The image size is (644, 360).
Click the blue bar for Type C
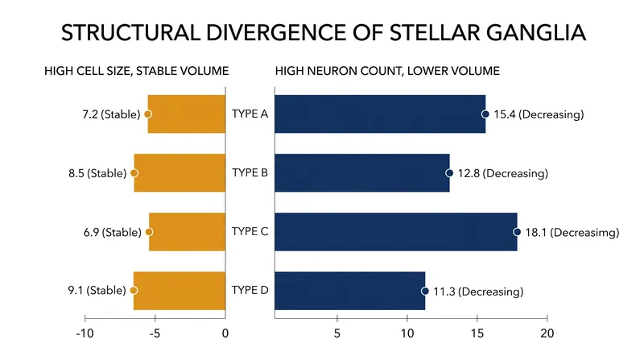coord(395,232)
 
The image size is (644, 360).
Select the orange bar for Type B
coord(180,173)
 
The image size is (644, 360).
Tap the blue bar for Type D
coord(350,291)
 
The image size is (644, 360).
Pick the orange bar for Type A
coord(187,114)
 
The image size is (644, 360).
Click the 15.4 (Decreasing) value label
coord(539,114)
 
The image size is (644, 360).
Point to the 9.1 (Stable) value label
coord(97,290)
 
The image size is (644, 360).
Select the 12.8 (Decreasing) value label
coord(502,173)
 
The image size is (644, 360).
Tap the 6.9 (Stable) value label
coord(112,232)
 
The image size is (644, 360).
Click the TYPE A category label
coord(250,114)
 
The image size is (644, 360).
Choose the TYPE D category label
coord(250,290)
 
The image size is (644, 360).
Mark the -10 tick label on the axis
coord(85,333)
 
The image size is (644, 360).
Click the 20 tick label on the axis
coord(547,333)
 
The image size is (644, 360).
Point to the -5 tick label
coord(155,333)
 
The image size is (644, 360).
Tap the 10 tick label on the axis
coord(407,333)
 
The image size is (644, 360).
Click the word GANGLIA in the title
coord(536,32)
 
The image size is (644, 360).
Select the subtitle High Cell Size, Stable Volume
coord(136,71)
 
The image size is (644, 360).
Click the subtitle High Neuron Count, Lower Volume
coord(387,71)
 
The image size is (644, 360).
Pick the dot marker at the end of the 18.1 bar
coord(517,232)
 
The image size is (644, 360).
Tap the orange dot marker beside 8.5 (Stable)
coord(134,173)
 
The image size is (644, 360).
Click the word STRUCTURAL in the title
coord(130,32)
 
